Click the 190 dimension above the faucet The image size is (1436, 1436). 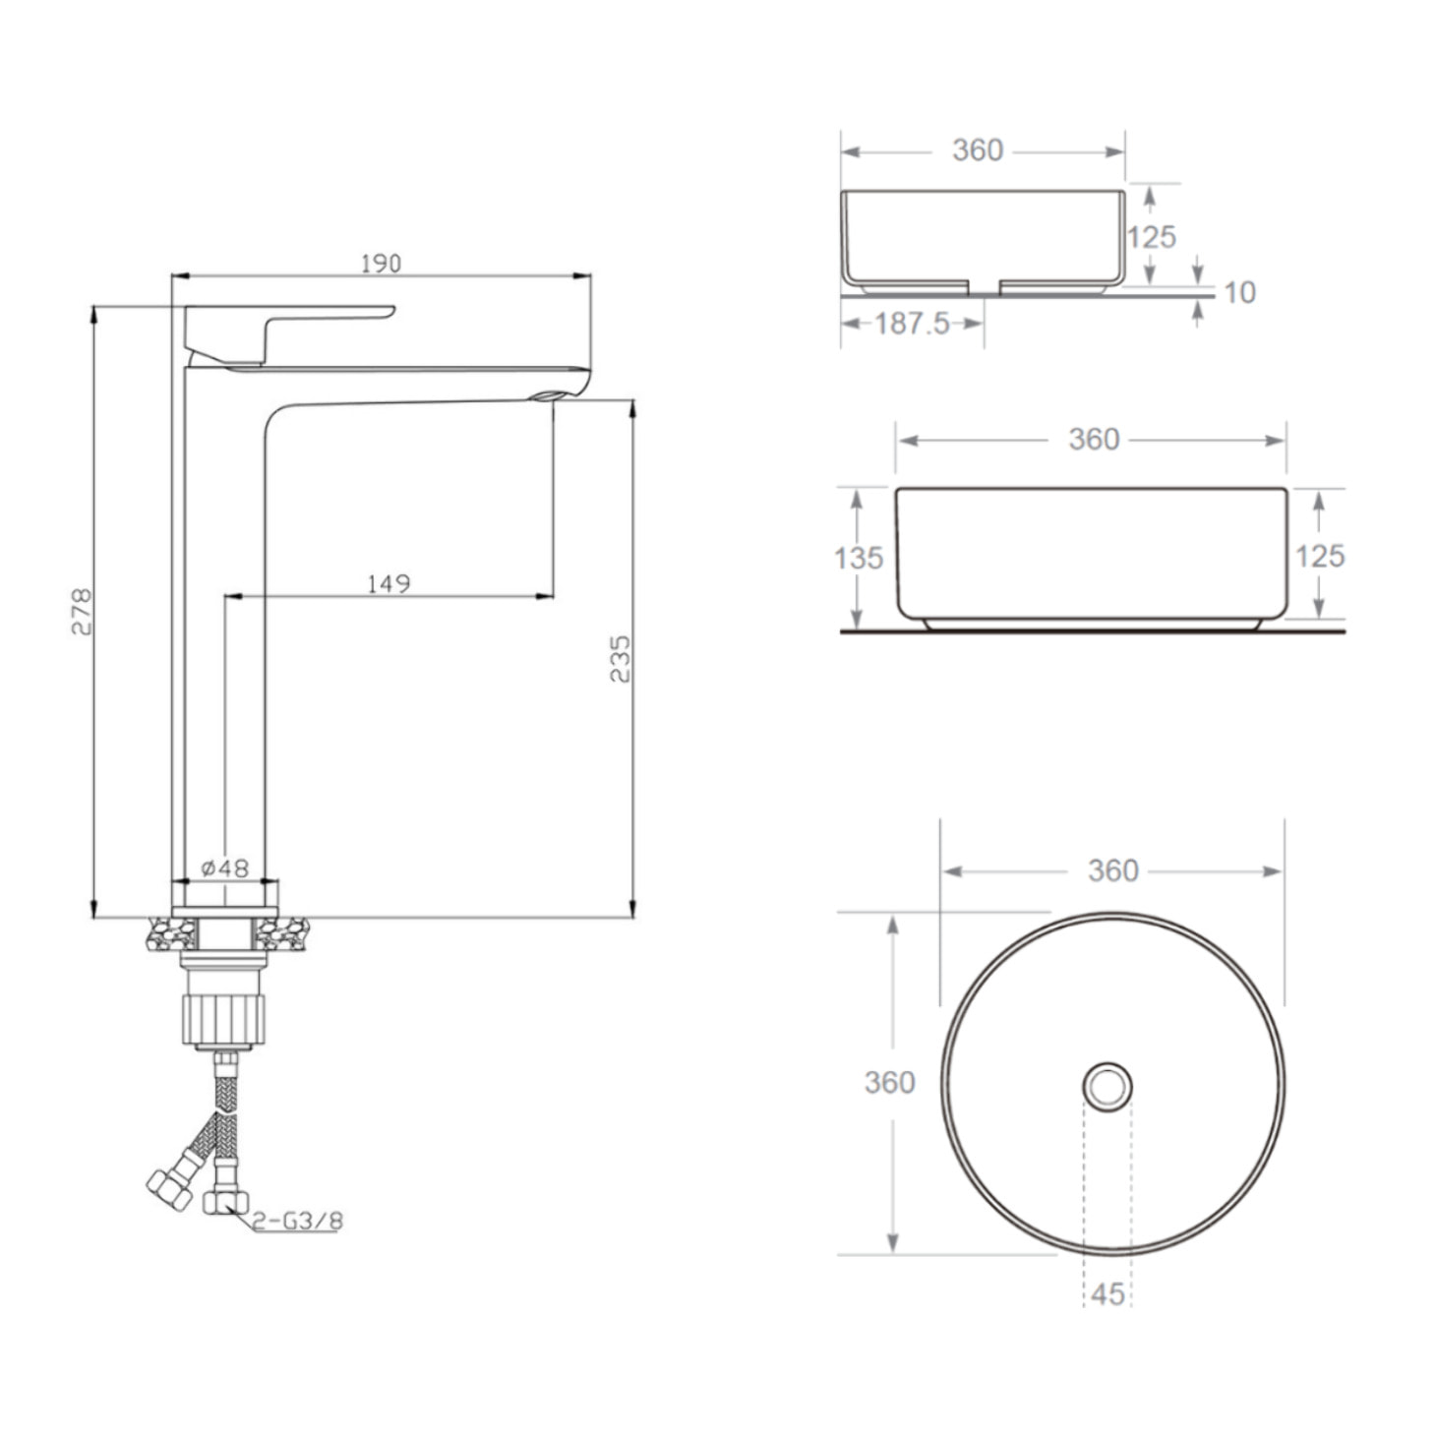coord(381,264)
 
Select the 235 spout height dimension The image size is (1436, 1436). coord(620,659)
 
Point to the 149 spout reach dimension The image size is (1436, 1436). coord(389,583)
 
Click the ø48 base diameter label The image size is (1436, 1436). coord(224,868)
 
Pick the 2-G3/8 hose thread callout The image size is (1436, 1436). coord(297,1221)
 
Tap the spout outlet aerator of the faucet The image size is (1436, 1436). coord(546,395)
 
